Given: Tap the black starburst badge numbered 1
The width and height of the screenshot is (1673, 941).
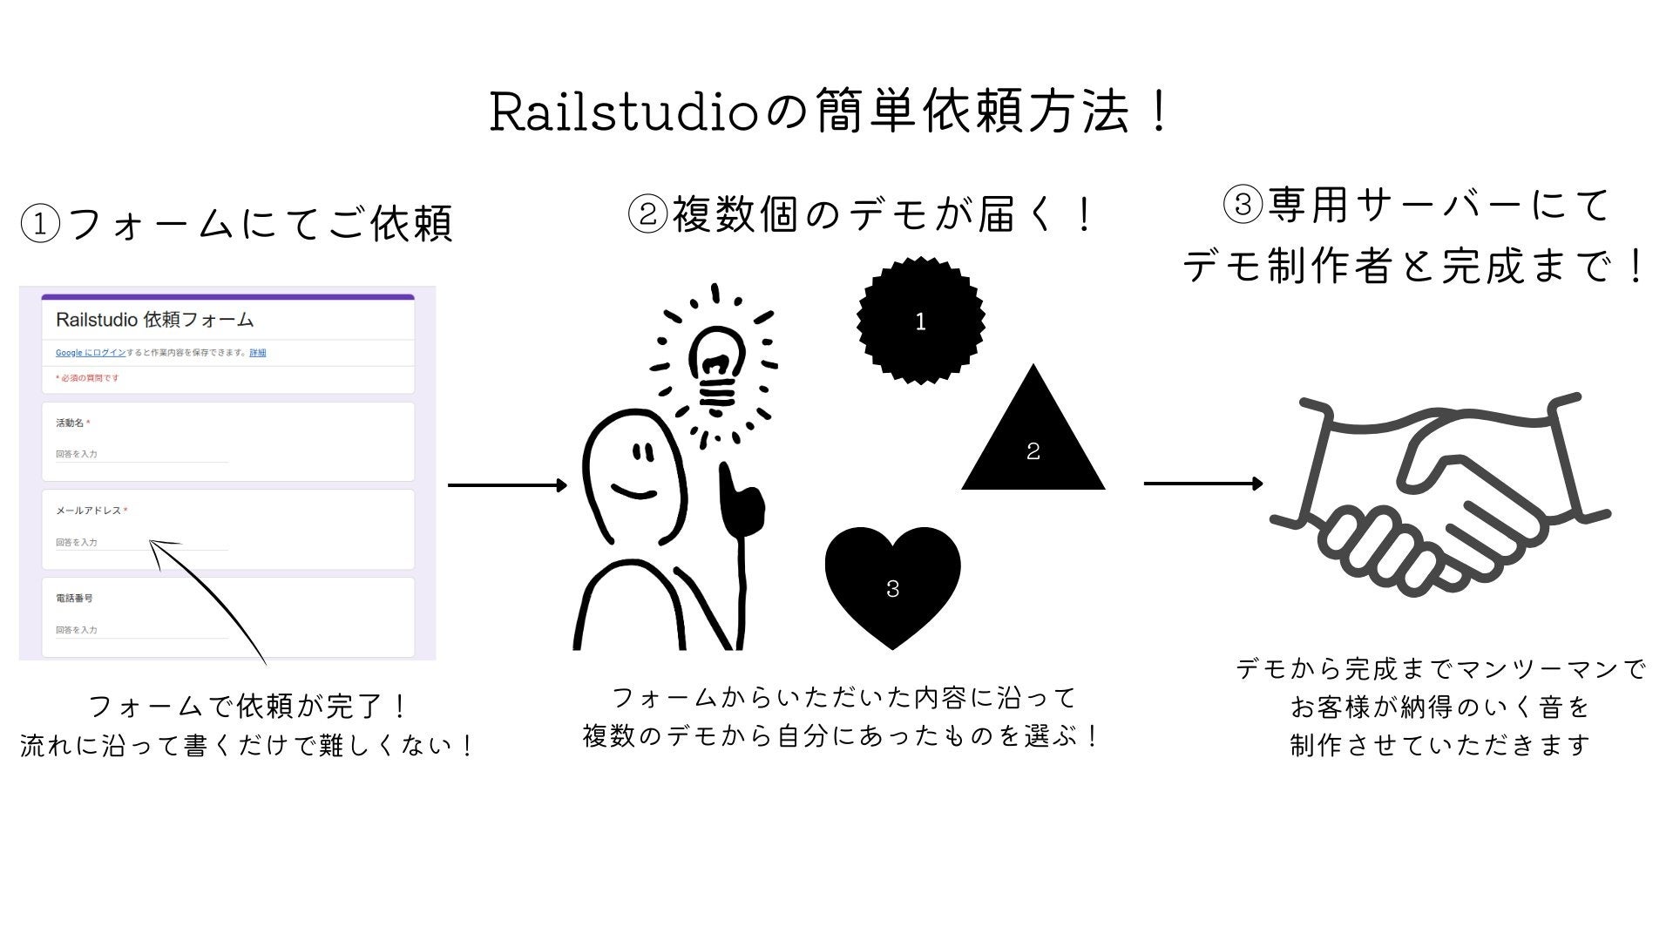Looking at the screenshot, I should pos(920,321).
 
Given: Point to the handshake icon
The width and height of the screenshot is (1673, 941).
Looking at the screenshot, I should pos(1438,497).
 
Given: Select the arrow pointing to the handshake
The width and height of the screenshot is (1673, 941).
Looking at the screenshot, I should pos(1202,484).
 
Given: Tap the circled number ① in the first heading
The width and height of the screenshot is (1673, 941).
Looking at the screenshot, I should pos(40,225).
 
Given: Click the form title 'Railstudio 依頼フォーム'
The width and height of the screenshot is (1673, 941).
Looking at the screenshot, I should pos(154,320).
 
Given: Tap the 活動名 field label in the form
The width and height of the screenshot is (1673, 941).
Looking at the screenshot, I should pos(71,423).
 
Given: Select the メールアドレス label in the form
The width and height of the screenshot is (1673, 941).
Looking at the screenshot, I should pos(89,511).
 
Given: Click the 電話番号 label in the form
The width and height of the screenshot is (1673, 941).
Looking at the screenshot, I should pos(74,599).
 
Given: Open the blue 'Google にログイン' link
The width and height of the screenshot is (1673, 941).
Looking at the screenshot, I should pos(90,353).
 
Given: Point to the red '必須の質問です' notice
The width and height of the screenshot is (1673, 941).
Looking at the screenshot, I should pos(88,378).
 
